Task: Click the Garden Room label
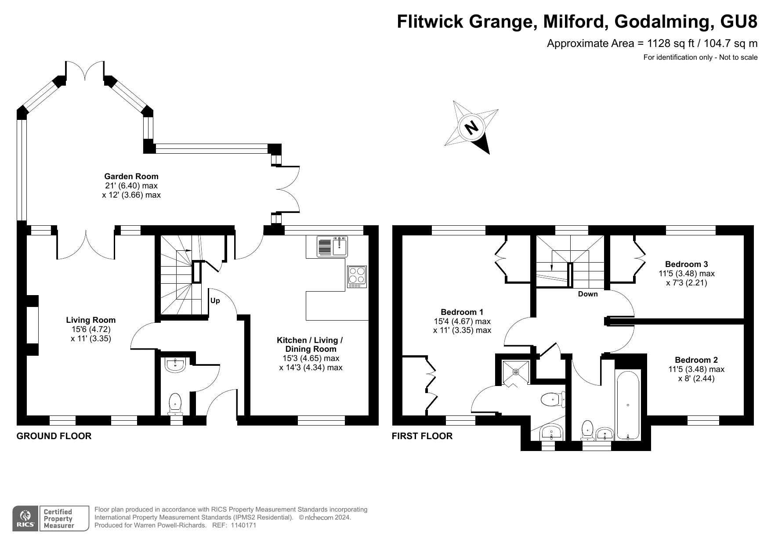point(131,177)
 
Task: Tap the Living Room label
point(91,320)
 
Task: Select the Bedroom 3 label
point(686,264)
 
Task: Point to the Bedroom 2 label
point(696,360)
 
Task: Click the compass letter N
point(471,127)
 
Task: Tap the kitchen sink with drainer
point(332,246)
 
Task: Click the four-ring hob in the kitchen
point(356,277)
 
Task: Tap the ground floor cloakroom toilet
point(175,403)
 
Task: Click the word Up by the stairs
point(215,301)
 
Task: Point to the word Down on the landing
point(587,294)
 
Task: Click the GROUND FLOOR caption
point(54,436)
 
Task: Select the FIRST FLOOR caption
point(422,436)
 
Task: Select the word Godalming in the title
point(664,21)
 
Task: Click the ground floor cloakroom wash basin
point(176,364)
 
